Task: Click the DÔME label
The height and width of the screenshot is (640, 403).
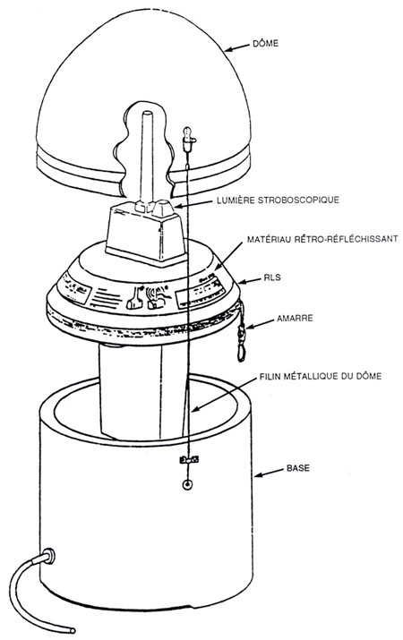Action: (x=265, y=43)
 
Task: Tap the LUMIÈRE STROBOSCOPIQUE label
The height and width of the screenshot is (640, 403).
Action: (x=279, y=200)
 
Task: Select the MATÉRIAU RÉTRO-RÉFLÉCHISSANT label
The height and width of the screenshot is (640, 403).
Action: (x=322, y=239)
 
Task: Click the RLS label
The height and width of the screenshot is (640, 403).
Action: (x=272, y=277)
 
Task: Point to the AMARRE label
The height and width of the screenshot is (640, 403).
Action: (x=295, y=318)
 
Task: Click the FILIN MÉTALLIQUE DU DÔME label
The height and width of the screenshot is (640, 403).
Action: (x=321, y=376)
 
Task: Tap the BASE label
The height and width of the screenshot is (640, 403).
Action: (x=298, y=468)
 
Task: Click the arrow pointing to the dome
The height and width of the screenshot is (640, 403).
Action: (x=236, y=47)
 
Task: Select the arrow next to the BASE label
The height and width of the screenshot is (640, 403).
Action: (x=269, y=473)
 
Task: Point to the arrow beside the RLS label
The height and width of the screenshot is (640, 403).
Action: (x=249, y=280)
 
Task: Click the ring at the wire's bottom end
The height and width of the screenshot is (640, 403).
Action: (x=187, y=485)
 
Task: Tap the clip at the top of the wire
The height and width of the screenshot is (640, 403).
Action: (x=187, y=138)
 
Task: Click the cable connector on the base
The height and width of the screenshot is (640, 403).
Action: (x=48, y=557)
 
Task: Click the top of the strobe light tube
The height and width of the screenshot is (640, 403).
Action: (x=148, y=114)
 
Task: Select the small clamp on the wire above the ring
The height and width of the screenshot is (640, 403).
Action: (x=189, y=459)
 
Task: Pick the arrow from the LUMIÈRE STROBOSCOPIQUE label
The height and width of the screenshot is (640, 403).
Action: (x=194, y=203)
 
